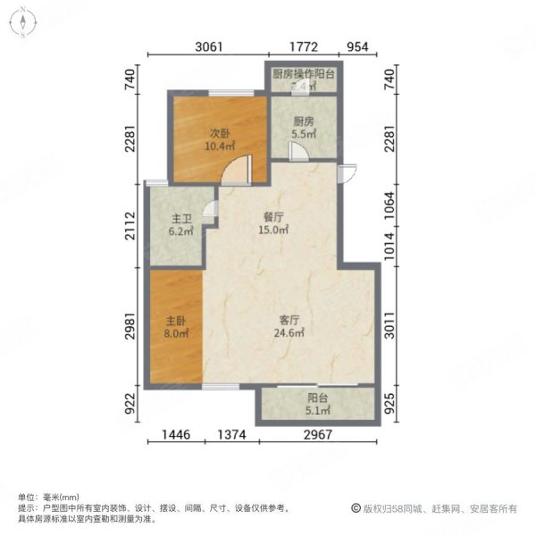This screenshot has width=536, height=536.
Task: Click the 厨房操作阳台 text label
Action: [x=303, y=75]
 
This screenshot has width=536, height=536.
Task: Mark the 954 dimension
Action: [x=357, y=48]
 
